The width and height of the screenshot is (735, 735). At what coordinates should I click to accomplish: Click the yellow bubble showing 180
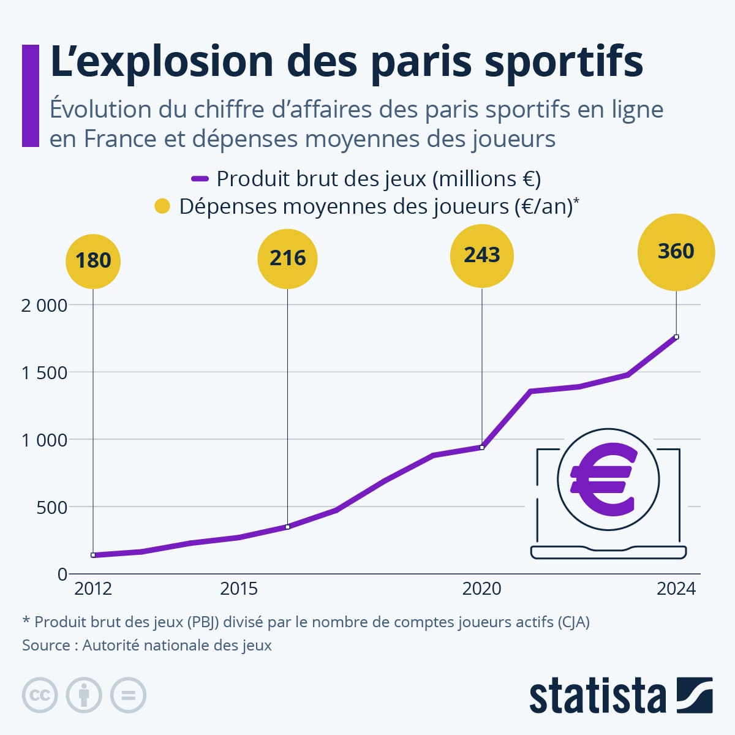(93, 261)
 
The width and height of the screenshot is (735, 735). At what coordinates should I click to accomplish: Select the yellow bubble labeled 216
(287, 258)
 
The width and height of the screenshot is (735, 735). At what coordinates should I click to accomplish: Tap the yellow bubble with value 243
(482, 255)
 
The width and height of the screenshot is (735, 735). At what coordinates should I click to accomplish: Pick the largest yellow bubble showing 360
(676, 252)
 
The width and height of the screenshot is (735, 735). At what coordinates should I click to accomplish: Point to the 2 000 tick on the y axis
(44, 306)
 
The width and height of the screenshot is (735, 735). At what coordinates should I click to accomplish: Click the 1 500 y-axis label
(44, 373)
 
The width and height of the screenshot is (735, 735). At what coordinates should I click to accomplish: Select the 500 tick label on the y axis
(51, 508)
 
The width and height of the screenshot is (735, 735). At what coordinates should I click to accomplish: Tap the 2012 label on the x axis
(93, 589)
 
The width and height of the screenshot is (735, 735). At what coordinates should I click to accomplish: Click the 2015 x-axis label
(239, 589)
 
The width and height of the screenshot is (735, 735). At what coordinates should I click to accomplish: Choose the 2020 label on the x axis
(481, 589)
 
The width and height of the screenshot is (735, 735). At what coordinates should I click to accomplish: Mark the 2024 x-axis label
(676, 589)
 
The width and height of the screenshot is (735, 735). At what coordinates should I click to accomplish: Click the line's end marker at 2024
(676, 337)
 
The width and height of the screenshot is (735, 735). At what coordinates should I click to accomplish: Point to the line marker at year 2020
(482, 448)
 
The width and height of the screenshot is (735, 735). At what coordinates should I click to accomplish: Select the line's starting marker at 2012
(93, 555)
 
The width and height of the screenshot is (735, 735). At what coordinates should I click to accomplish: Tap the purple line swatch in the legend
(200, 179)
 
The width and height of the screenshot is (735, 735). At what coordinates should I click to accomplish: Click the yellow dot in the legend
(162, 206)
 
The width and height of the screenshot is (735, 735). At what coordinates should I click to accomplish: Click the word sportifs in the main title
(563, 61)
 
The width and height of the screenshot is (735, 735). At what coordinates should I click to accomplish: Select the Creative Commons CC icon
(40, 695)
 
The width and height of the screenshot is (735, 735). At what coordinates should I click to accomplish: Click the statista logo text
(597, 696)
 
